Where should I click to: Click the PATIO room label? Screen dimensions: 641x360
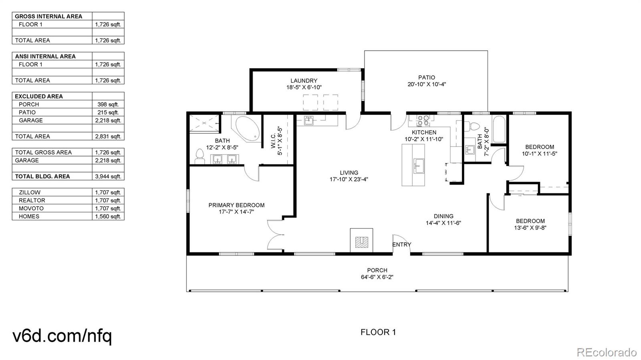click(x=426, y=78)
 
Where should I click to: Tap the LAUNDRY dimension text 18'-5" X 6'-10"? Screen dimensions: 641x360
click(x=304, y=88)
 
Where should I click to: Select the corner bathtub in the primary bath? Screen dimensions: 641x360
click(x=247, y=129)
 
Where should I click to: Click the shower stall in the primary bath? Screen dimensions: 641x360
click(x=204, y=123)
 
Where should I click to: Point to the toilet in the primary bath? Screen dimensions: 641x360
click(x=200, y=156)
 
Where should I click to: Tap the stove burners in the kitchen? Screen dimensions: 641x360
click(x=423, y=121)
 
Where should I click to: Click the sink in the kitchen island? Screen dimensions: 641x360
click(x=419, y=166)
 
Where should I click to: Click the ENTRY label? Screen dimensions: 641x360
click(x=401, y=245)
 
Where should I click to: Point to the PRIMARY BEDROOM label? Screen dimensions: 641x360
click(x=236, y=205)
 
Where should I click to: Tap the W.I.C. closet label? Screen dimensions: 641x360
click(x=273, y=141)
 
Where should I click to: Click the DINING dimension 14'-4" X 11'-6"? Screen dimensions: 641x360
click(x=443, y=223)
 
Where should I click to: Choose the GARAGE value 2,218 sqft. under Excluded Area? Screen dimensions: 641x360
click(x=108, y=121)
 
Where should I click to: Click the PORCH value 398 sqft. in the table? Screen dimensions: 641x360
click(x=108, y=105)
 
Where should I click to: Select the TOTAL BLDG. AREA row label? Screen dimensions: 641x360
click(x=42, y=177)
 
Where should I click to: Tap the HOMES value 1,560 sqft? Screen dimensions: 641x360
click(x=108, y=217)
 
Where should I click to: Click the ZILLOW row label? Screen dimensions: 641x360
click(x=30, y=193)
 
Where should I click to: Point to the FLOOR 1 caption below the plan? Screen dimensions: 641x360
click(x=378, y=332)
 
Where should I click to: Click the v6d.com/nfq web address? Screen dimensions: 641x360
click(x=62, y=336)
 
